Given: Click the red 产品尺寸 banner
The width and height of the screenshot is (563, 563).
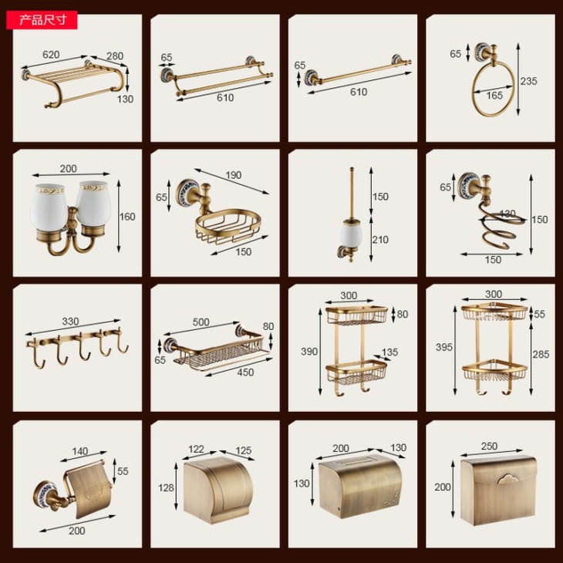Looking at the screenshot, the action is (x=42, y=20).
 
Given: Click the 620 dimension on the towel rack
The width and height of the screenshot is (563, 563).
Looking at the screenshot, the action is (x=51, y=55).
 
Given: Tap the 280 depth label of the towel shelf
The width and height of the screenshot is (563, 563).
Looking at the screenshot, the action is (x=115, y=56).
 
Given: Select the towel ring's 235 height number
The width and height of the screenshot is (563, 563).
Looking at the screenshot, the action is (x=529, y=81).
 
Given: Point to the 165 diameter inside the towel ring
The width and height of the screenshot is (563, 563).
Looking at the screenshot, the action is (x=494, y=95).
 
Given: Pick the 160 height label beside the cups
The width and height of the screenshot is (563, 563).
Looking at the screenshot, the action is (x=127, y=217).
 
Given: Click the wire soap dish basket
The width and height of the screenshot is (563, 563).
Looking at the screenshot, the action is (x=228, y=226).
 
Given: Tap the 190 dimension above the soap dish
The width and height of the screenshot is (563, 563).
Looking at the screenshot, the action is (x=234, y=175).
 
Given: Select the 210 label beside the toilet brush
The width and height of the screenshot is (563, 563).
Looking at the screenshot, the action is (x=380, y=240).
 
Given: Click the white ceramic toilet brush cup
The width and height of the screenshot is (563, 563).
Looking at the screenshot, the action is (x=352, y=234).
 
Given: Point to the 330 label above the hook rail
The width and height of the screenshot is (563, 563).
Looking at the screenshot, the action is (x=70, y=322).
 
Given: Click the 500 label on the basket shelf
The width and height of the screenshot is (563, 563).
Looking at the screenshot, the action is (x=201, y=322).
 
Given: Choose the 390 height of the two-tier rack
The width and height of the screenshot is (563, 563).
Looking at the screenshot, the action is (x=309, y=352).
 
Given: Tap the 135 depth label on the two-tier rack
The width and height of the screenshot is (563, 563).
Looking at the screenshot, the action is (x=390, y=352).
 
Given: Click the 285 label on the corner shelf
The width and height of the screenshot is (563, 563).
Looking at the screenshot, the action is (x=541, y=355).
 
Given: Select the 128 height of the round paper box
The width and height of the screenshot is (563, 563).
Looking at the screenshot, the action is (x=166, y=487).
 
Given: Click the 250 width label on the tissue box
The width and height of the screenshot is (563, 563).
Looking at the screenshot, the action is (x=490, y=447).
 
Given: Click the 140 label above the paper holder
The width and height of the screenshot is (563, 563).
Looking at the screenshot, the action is (x=79, y=451).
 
